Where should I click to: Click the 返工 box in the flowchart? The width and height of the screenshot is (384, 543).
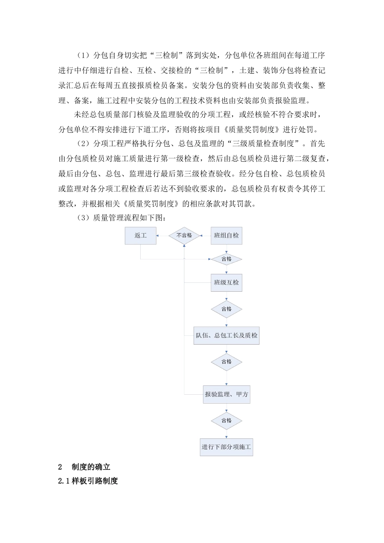pyautogui.click(x=140, y=236)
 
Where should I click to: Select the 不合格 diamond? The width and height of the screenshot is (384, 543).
pyautogui.click(x=184, y=236)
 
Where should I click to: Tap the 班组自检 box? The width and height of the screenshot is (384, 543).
pyautogui.click(x=226, y=236)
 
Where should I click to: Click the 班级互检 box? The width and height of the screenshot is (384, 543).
pyautogui.click(x=226, y=282)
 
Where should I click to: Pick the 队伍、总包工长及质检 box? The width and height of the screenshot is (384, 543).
pyautogui.click(x=226, y=335)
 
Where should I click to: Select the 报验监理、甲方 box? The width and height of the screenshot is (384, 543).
pyautogui.click(x=226, y=394)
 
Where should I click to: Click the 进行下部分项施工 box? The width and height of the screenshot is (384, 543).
pyautogui.click(x=226, y=447)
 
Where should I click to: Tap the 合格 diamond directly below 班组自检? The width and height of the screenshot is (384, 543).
pyautogui.click(x=226, y=259)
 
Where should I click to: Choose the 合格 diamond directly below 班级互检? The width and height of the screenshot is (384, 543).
pyautogui.click(x=226, y=309)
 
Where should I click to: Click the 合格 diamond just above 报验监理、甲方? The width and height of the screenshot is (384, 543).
pyautogui.click(x=226, y=362)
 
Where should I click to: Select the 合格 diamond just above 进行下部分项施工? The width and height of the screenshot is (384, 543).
pyautogui.click(x=226, y=421)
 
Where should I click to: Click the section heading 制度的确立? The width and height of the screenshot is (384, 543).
pyautogui.click(x=91, y=467)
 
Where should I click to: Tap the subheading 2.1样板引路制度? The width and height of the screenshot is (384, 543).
pyautogui.click(x=88, y=481)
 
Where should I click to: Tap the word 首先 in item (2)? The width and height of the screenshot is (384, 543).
pyautogui.click(x=318, y=144)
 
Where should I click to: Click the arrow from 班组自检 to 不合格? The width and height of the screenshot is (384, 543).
pyautogui.click(x=206, y=236)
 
